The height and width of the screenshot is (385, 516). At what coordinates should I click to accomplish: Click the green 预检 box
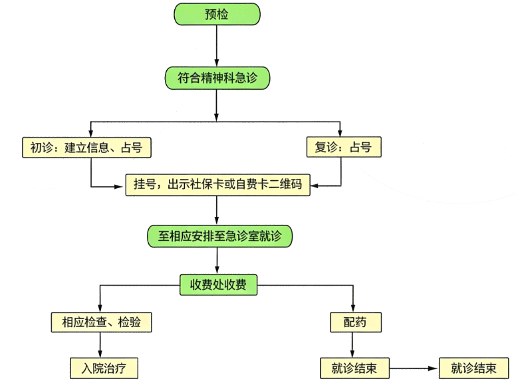pyautogui.click(x=217, y=14)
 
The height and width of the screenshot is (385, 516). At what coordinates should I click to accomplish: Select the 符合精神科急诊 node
pyautogui.click(x=217, y=78)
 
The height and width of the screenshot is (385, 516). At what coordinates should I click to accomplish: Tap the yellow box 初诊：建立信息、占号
pyautogui.click(x=86, y=148)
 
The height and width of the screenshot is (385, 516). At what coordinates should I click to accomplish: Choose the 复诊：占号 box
pyautogui.click(x=344, y=148)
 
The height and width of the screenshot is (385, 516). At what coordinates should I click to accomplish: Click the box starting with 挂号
pyautogui.click(x=217, y=184)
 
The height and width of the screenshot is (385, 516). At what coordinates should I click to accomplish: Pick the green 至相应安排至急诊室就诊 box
pyautogui.click(x=219, y=236)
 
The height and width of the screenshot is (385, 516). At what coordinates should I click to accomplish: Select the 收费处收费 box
pyautogui.click(x=218, y=285)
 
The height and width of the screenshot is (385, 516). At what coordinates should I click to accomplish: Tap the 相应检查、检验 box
pyautogui.click(x=101, y=322)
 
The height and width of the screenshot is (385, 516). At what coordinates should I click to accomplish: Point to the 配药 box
pyautogui.click(x=355, y=322)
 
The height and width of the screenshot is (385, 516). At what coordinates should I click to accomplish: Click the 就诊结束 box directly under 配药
pyautogui.click(x=354, y=368)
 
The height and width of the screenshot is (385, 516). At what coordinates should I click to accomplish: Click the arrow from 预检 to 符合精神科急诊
pyautogui.click(x=217, y=47)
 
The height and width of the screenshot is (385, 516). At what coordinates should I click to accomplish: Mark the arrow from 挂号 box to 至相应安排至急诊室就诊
pyautogui.click(x=217, y=211)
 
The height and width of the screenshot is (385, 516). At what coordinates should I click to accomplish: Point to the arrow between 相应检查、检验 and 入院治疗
pyautogui.click(x=100, y=345)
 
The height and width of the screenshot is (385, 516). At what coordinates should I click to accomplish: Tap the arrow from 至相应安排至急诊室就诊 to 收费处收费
pyautogui.click(x=217, y=261)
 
